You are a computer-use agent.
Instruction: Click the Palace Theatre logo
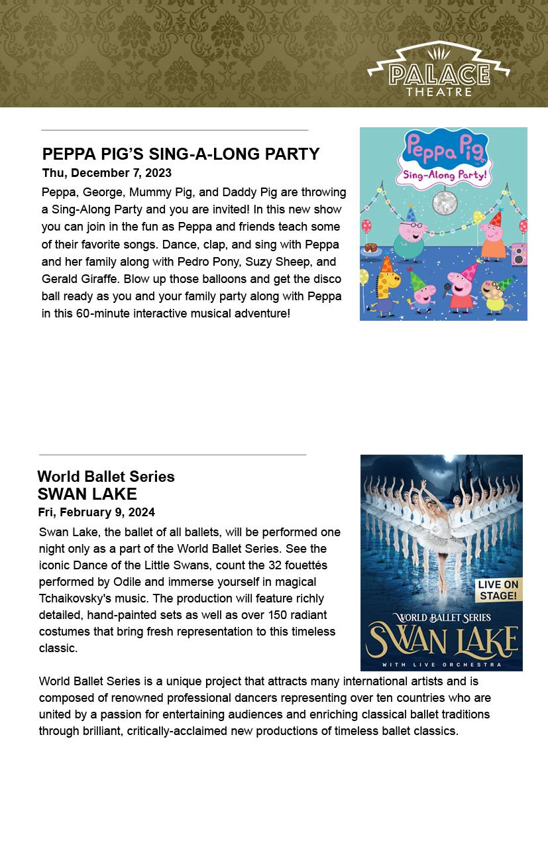439,70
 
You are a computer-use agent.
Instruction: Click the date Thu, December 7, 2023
107,173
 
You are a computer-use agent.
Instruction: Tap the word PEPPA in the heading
69,154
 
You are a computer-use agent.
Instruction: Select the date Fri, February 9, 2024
96,512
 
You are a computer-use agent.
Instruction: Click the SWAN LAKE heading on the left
87,494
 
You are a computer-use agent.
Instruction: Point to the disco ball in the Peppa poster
444,202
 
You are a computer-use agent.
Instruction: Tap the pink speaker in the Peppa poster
519,254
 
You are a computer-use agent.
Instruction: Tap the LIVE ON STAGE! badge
497,590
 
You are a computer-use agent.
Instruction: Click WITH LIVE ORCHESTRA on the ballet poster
441,664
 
